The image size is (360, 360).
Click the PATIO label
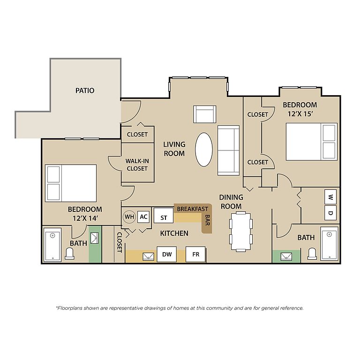(x=85, y=90)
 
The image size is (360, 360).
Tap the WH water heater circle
(x=129, y=217)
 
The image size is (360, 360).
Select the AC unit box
(x=143, y=217)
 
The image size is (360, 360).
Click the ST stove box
(x=164, y=215)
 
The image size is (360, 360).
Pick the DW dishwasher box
(x=167, y=254)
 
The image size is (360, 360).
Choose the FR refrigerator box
(x=195, y=254)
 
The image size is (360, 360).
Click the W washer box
(x=330, y=197)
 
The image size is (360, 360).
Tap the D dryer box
(x=330, y=213)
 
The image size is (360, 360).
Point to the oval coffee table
(x=204, y=150)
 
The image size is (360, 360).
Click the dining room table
(x=241, y=232)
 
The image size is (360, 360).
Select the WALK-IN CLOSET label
(x=137, y=165)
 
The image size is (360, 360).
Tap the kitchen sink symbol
(x=148, y=256)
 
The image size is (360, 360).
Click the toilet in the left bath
(x=69, y=254)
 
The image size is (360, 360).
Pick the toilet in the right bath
(x=312, y=254)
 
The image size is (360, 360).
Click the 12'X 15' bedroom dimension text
(x=300, y=113)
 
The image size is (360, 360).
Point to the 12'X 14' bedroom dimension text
(x=85, y=218)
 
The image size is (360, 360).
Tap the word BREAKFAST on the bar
(x=192, y=209)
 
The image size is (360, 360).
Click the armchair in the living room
(x=204, y=114)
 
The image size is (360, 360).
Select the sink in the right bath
(x=286, y=256)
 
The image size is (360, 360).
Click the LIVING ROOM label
(x=174, y=149)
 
